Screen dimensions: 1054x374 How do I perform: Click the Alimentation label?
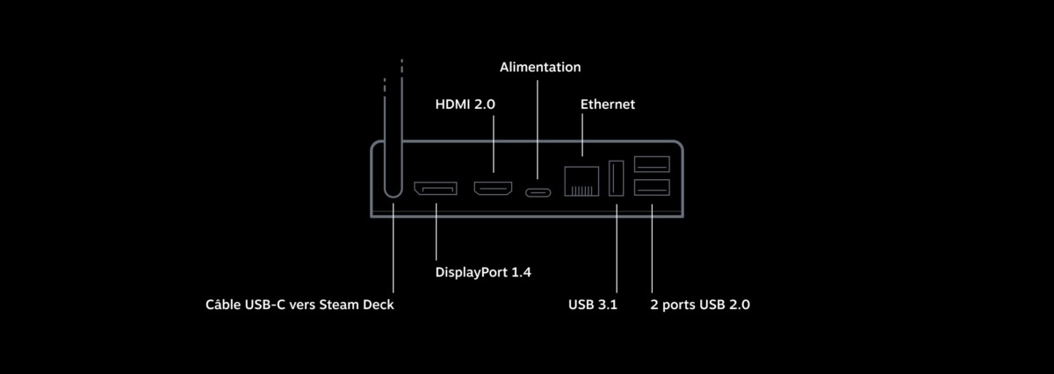[x=540, y=68]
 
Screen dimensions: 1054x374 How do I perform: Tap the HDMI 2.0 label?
[x=465, y=104]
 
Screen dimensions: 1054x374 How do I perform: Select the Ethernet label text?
[x=608, y=104]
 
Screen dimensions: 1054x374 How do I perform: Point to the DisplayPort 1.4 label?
[x=483, y=272]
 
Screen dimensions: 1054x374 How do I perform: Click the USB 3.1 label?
[x=592, y=305]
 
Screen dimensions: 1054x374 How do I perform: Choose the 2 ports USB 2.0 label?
[x=700, y=305]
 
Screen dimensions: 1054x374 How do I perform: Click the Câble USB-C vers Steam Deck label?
[x=300, y=305]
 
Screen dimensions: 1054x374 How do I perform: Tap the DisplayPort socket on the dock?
[x=436, y=188]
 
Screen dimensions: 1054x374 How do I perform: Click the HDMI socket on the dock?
[x=493, y=188]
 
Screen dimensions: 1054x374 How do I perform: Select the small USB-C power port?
[x=538, y=192]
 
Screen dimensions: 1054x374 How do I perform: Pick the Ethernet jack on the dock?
[x=581, y=181]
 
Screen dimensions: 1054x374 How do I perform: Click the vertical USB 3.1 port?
[x=617, y=178]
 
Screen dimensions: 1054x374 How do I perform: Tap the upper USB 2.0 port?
[x=652, y=164]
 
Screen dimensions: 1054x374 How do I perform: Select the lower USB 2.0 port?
[x=652, y=187]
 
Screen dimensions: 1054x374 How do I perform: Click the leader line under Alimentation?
[x=538, y=129]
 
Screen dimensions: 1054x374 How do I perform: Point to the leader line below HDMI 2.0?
[x=493, y=144]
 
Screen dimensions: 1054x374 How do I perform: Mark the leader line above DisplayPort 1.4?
[x=436, y=232]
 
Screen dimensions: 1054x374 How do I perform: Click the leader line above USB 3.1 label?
[x=617, y=248]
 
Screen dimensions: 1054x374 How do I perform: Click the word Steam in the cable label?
[x=334, y=305]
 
